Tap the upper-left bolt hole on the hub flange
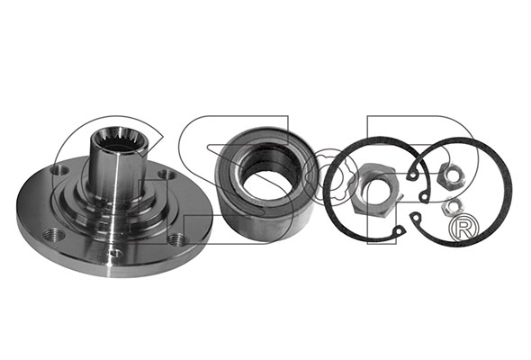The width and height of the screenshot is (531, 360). click(59, 170)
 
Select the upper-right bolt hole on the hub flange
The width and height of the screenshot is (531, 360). click(167, 175)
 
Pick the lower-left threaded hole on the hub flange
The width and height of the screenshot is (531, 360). click(54, 234)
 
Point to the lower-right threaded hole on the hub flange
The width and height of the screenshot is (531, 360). click(176, 239)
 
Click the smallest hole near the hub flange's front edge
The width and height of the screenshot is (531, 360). click(116, 252)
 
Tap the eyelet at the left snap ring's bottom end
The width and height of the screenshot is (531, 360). click(400, 230)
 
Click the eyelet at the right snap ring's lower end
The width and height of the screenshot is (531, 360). click(415, 218)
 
